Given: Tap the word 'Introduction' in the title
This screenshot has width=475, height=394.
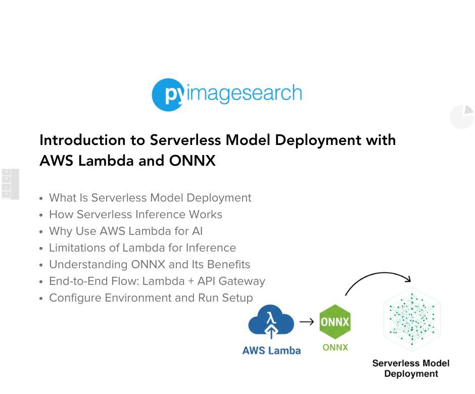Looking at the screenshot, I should point(82,140).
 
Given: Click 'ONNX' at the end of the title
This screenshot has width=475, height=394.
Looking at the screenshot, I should point(192,161).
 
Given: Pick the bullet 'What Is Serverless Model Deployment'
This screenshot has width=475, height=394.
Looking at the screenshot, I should point(150,198).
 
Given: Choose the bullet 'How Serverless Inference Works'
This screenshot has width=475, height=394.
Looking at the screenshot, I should point(135,215).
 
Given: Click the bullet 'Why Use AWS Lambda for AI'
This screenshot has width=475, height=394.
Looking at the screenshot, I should point(125,231).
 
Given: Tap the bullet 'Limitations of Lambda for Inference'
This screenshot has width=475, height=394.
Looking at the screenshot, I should point(142,248).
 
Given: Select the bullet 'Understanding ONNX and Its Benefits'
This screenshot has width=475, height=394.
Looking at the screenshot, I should point(149,265).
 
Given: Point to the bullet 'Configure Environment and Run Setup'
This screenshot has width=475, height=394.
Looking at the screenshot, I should point(151,298).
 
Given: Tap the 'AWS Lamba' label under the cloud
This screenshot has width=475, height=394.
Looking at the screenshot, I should point(271,351).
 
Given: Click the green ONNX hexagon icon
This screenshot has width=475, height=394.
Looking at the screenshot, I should point(335,322).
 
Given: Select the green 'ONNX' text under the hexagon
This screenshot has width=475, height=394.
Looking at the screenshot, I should point(335,348).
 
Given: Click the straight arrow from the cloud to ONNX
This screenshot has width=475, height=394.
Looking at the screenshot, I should point(307,322).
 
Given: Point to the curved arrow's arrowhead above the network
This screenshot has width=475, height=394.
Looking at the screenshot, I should point(407,279).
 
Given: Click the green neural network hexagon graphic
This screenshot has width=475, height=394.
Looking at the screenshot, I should point(411,319).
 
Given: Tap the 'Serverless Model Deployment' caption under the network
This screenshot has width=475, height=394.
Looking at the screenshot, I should point(411,369).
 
